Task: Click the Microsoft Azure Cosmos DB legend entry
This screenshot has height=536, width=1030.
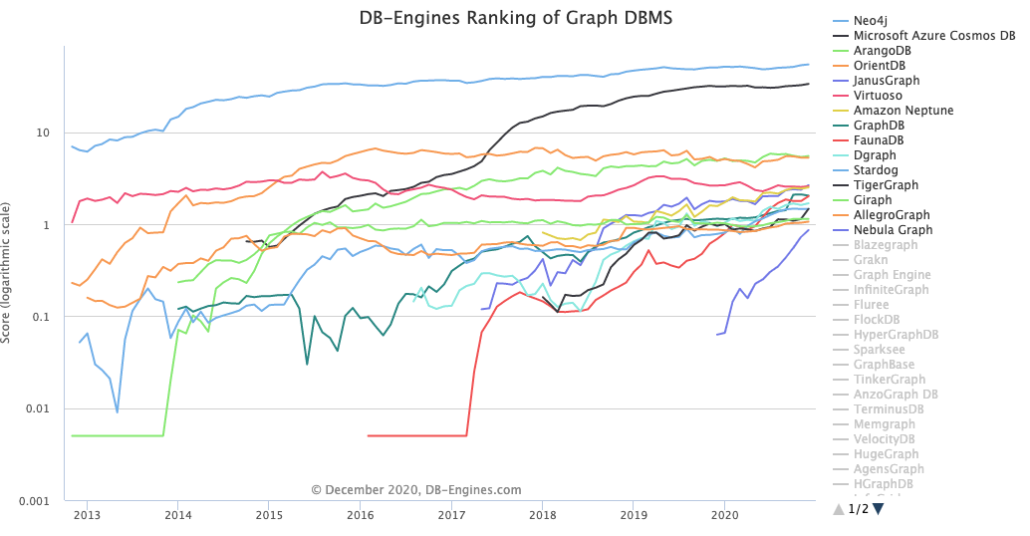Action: (934, 36)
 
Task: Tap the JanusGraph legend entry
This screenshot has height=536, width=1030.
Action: (888, 81)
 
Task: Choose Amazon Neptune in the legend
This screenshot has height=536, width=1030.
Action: (903, 111)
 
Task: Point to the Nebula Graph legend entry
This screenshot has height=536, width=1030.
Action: (894, 230)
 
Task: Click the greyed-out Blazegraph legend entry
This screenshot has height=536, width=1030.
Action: (886, 245)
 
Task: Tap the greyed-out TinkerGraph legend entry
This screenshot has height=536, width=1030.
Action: (890, 380)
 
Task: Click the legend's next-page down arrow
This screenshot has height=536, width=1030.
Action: (879, 509)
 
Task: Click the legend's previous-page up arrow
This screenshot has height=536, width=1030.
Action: (839, 509)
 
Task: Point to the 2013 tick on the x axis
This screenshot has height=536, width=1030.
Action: (87, 515)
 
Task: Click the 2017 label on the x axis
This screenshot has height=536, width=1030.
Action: (451, 515)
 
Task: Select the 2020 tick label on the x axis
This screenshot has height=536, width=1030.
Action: (725, 515)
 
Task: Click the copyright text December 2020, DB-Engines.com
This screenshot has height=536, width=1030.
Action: (416, 490)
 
